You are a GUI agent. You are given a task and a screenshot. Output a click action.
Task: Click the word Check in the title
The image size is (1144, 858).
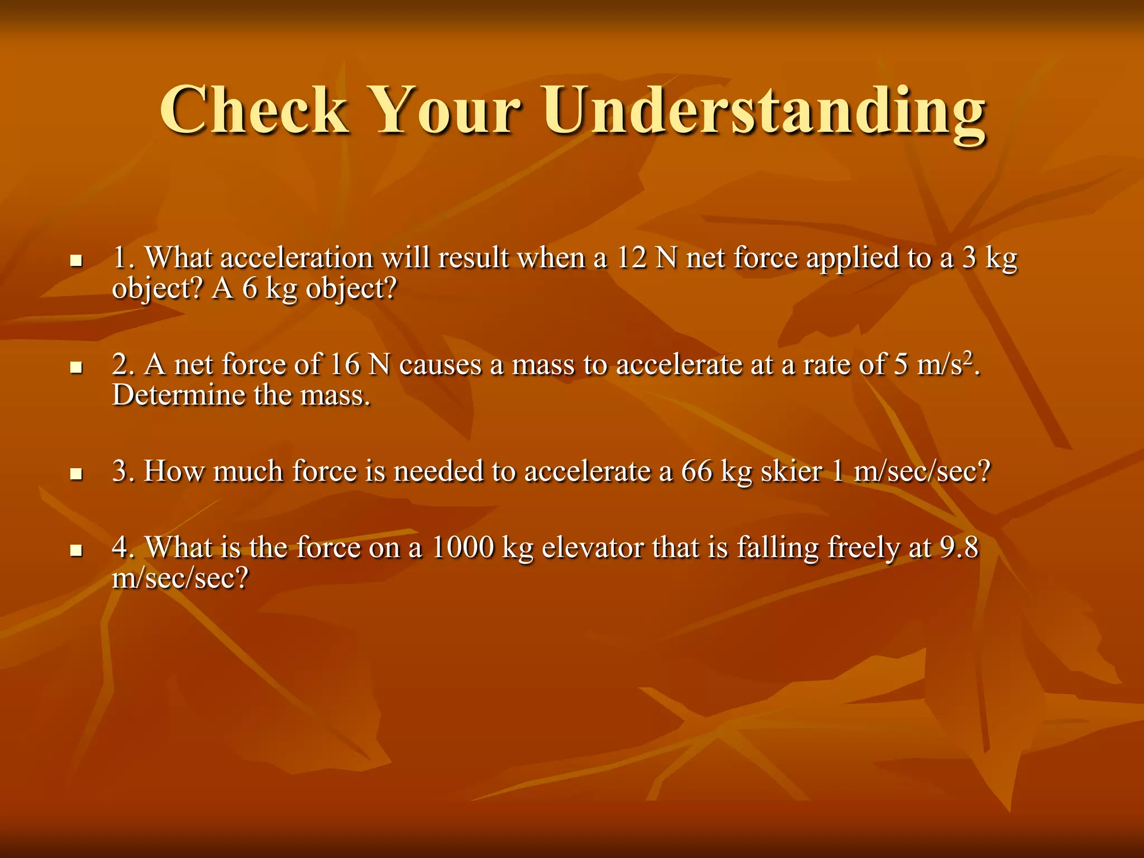[255, 110]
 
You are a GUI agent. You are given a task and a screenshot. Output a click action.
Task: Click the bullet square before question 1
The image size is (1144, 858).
[76, 261]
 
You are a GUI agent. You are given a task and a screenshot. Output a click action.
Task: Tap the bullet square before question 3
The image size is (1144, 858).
[76, 474]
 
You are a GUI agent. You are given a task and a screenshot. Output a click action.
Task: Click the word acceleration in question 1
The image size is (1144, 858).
[297, 259]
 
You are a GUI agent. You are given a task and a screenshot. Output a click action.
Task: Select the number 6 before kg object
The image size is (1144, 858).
[250, 289]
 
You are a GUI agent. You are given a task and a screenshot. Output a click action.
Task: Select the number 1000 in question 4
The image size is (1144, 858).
[463, 547]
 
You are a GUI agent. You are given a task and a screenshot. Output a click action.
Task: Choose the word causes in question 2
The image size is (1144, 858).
[440, 365]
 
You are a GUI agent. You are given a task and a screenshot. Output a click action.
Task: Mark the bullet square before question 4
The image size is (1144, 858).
[76, 551]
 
